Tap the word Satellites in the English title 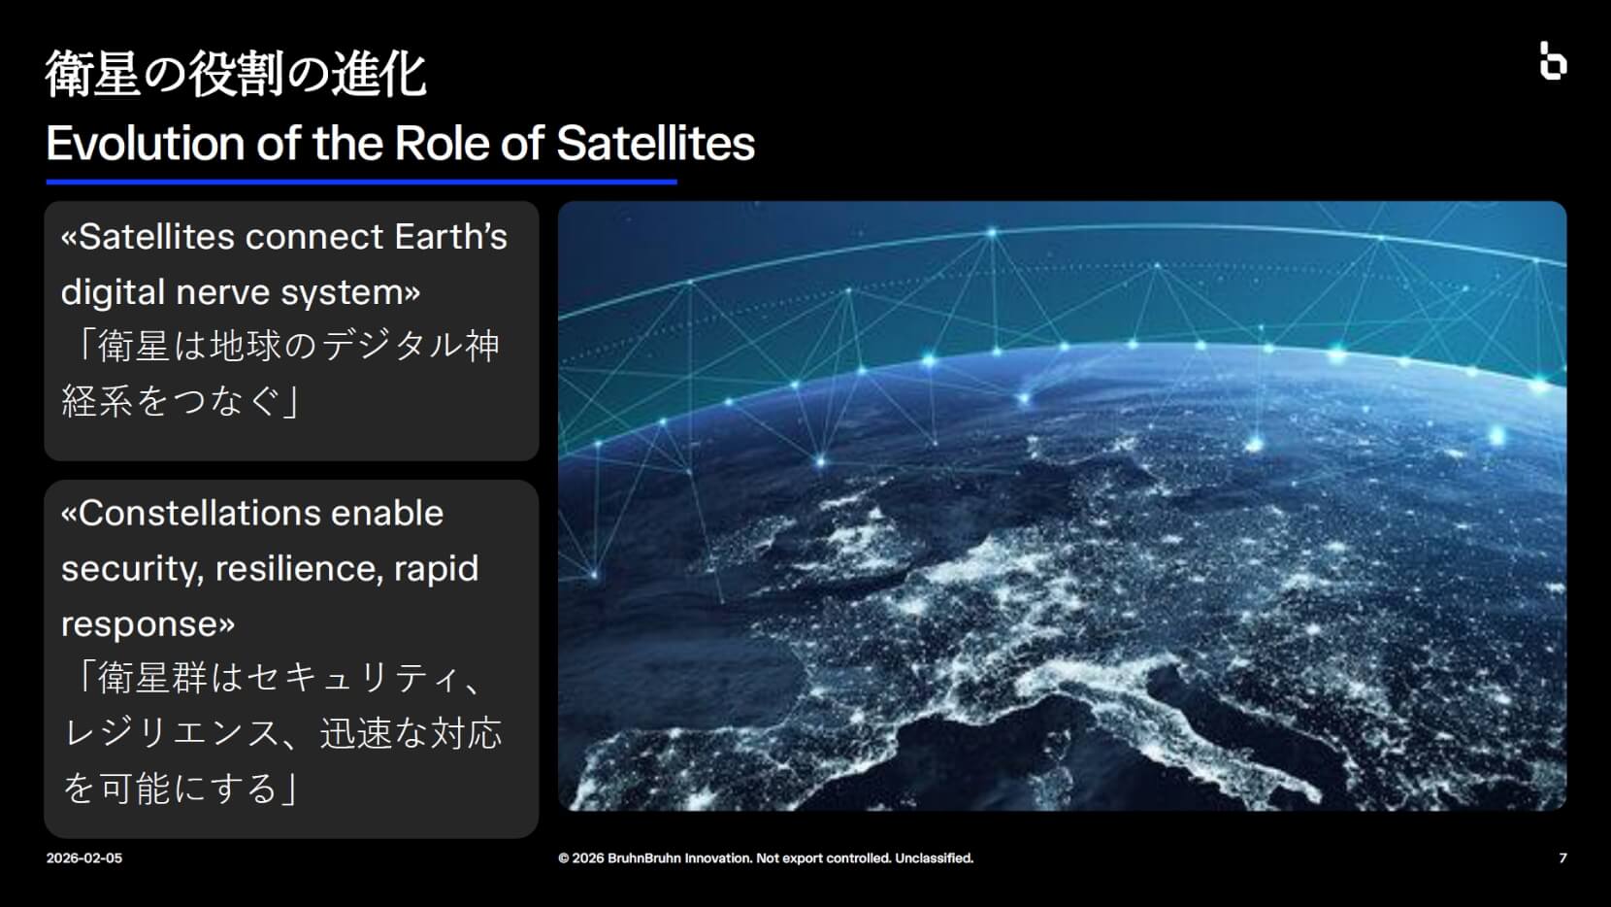(x=656, y=143)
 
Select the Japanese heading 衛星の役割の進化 (x=236, y=74)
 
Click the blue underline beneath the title (x=362, y=183)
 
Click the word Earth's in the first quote (x=451, y=237)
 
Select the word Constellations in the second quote (x=261, y=514)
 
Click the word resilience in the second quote (x=296, y=569)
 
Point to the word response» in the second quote (x=148, y=624)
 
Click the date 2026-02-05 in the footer (x=84, y=858)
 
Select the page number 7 (x=1562, y=858)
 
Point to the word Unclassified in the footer (x=935, y=858)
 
